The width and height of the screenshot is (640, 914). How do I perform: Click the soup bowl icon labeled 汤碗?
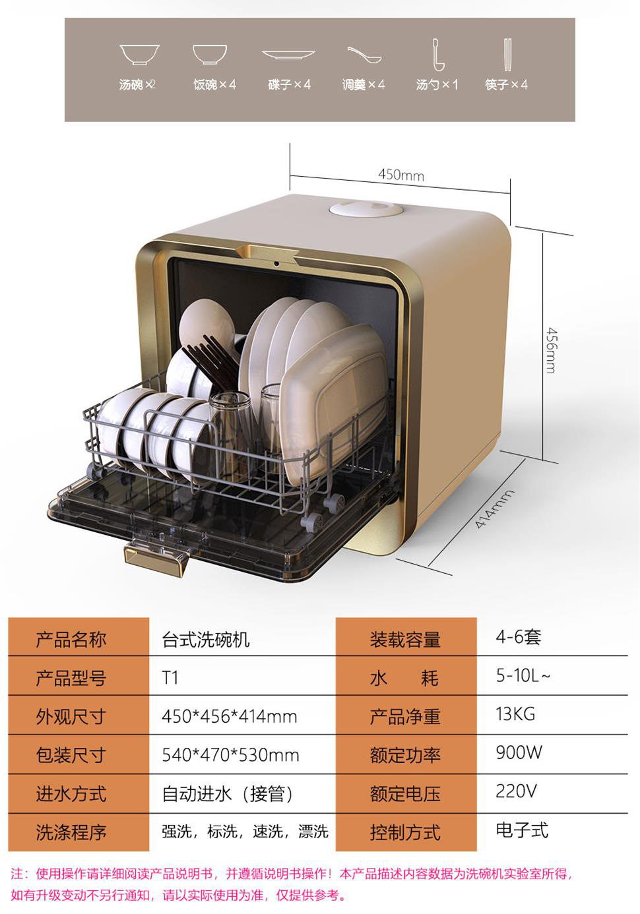click(x=139, y=54)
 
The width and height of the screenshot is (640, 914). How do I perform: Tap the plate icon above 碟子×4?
click(x=288, y=55)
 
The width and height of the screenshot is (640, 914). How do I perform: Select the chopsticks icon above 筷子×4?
click(x=507, y=55)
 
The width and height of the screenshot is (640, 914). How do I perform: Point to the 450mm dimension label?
click(x=400, y=175)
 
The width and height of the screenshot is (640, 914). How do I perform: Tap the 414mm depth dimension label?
click(x=494, y=510)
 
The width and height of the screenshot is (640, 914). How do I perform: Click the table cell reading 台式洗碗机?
click(x=206, y=639)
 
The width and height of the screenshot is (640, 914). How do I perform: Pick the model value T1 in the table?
click(x=170, y=678)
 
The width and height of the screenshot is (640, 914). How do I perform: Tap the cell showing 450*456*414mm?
click(x=229, y=716)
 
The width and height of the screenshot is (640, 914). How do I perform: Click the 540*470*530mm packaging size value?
click(x=230, y=754)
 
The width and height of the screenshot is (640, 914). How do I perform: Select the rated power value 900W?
click(x=519, y=752)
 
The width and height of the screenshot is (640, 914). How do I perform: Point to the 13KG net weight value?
click(x=515, y=714)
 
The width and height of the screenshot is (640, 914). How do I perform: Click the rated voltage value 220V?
click(x=516, y=791)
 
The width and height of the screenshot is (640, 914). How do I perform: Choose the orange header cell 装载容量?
click(x=404, y=639)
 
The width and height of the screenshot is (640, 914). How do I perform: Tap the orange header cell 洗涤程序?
click(x=71, y=832)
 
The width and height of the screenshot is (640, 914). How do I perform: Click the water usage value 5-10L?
click(x=523, y=676)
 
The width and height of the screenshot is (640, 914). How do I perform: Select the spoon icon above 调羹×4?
click(x=364, y=55)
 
